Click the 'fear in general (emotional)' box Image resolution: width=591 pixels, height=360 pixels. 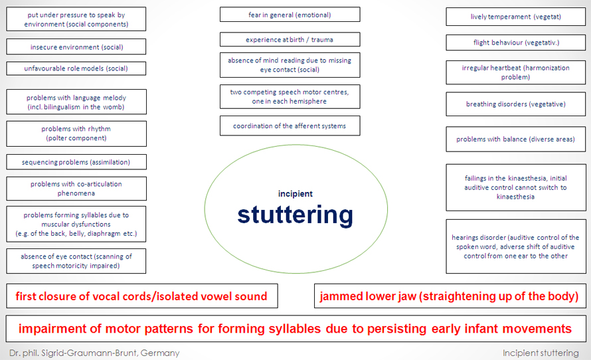coord(290,15)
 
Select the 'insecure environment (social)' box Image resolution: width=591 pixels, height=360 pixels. coord(76,46)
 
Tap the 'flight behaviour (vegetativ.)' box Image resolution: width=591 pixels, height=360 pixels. coord(515,43)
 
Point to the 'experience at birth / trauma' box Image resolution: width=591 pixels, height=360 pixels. coord(290,39)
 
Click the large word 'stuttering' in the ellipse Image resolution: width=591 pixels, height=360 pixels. coord(295,215)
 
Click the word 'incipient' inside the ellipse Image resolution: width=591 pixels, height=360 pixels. coord(295,194)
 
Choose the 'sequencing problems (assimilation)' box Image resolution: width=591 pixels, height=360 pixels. coord(76,162)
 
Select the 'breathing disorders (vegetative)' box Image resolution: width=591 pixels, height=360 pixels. coord(515,104)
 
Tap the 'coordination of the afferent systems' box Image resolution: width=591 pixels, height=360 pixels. coord(290,126)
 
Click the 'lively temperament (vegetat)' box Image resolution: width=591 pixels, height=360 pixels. coord(515,17)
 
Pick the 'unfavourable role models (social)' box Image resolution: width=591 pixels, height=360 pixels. coord(76,68)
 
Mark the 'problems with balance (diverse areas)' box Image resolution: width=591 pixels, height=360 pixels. coord(515,139)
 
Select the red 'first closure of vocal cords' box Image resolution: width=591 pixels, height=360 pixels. coord(142,296)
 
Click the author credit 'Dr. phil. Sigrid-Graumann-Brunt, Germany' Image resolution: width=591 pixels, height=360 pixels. coord(94,353)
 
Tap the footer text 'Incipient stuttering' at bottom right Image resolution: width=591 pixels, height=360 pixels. coord(541,353)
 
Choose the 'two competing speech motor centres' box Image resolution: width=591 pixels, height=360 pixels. coord(290,96)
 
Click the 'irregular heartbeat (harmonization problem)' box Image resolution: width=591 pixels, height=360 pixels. coord(515,72)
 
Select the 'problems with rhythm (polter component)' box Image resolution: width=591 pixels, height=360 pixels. coord(76,134)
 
